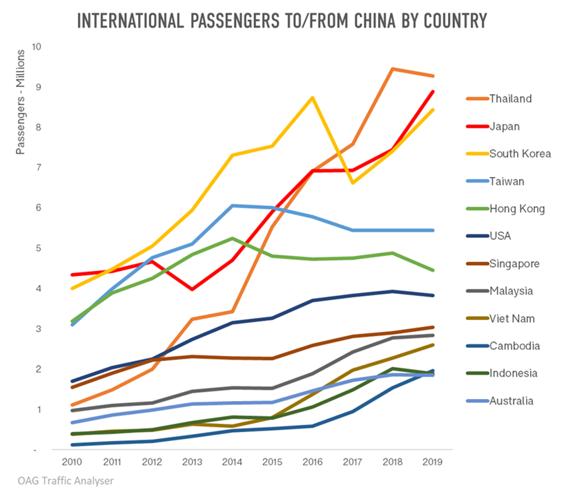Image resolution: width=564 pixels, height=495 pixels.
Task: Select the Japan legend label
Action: click(x=504, y=126)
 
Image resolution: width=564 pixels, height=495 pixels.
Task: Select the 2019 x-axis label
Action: click(x=433, y=461)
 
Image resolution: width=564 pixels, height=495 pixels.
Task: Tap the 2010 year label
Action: click(x=71, y=461)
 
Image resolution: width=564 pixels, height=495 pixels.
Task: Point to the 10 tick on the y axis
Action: click(x=36, y=47)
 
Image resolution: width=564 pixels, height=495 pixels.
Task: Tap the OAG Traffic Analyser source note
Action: click(x=66, y=480)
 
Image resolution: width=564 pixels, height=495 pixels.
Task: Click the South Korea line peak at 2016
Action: click(x=312, y=97)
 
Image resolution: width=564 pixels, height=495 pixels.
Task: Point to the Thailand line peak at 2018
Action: click(x=393, y=69)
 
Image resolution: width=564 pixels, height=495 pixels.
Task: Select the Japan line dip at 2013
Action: click(x=192, y=289)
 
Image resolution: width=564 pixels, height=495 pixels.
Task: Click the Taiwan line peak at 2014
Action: click(x=233, y=205)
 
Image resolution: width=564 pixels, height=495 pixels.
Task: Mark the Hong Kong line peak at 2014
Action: click(x=233, y=239)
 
